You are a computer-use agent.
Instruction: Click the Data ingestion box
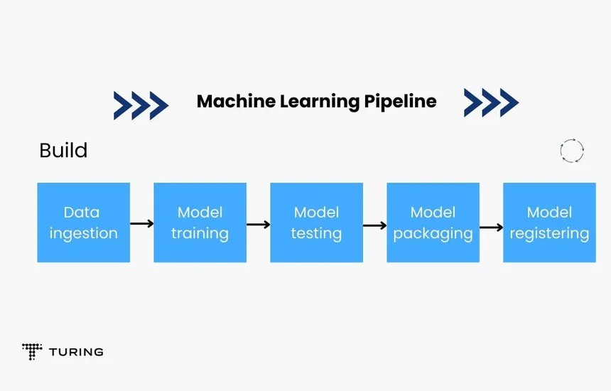(x=83, y=223)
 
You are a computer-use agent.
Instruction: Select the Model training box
(x=200, y=223)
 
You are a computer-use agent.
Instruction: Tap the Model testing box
(x=316, y=223)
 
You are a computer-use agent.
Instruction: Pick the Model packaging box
(x=433, y=223)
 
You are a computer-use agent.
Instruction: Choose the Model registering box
(x=549, y=223)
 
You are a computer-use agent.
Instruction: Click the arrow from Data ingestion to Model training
(x=142, y=223)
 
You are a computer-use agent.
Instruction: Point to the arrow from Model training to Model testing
(x=259, y=225)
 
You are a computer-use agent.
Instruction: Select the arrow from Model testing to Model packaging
(x=374, y=225)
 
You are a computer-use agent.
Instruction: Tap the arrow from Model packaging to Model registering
(x=491, y=228)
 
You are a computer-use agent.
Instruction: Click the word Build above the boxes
(x=63, y=151)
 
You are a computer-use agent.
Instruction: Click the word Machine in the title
(x=236, y=102)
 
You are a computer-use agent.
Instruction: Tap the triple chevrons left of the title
(x=141, y=105)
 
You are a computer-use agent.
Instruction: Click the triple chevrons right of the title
(x=491, y=102)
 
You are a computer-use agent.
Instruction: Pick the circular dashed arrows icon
(x=572, y=151)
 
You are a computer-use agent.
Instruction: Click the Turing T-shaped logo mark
(x=32, y=350)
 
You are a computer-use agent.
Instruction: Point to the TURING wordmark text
(x=76, y=352)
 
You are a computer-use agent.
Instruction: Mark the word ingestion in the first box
(x=83, y=233)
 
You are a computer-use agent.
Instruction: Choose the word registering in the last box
(x=549, y=233)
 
